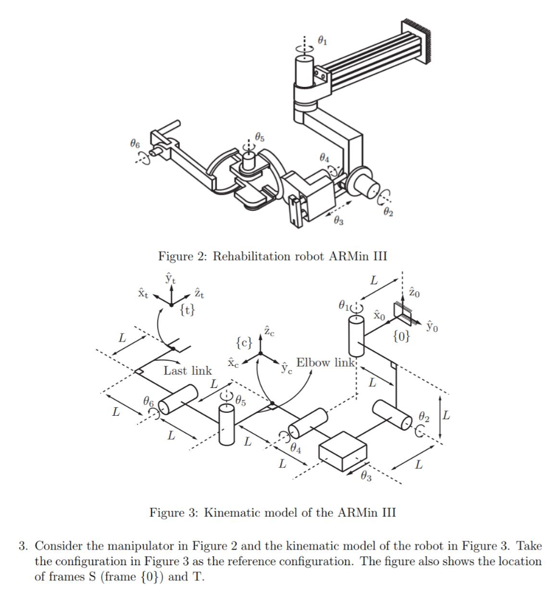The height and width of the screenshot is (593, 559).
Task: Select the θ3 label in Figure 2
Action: click(338, 221)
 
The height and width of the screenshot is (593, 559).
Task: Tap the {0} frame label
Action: click(402, 336)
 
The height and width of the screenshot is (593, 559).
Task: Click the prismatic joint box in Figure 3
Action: click(343, 451)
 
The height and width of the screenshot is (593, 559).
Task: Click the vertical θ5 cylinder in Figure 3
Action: click(226, 424)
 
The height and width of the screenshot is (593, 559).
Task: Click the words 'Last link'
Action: click(187, 371)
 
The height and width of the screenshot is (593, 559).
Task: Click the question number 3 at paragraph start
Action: click(21, 546)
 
